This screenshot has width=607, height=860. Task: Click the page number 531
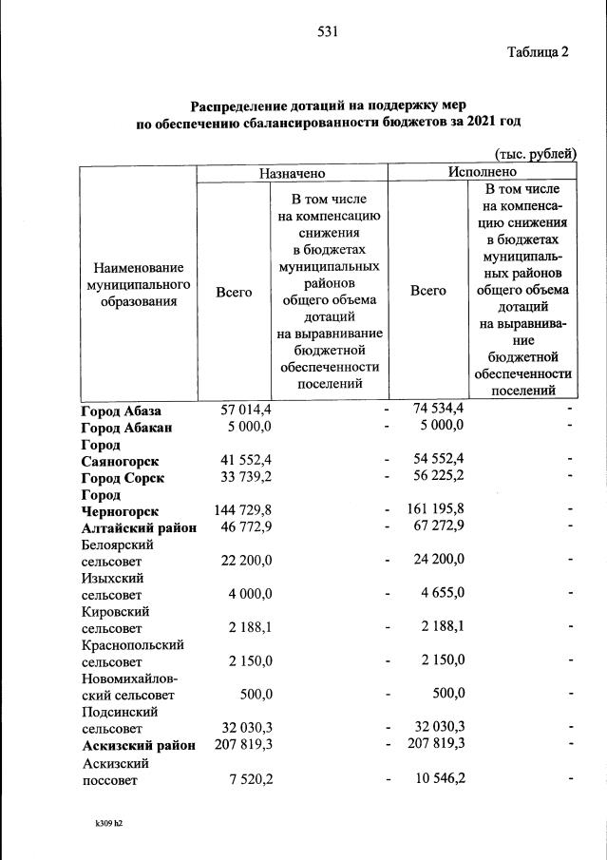point(329,31)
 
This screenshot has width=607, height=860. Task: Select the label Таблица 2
point(537,52)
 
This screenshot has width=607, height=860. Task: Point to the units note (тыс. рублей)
point(534,153)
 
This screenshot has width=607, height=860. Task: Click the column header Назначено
point(292,173)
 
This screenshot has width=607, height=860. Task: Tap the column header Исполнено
point(483,172)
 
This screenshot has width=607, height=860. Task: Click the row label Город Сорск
point(123,477)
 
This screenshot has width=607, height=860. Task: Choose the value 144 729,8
point(245,511)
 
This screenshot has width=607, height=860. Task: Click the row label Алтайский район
point(139,528)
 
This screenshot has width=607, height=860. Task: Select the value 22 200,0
point(247,562)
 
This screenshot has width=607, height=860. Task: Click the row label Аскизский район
point(139,745)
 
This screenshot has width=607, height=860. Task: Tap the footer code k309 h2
point(103,823)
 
